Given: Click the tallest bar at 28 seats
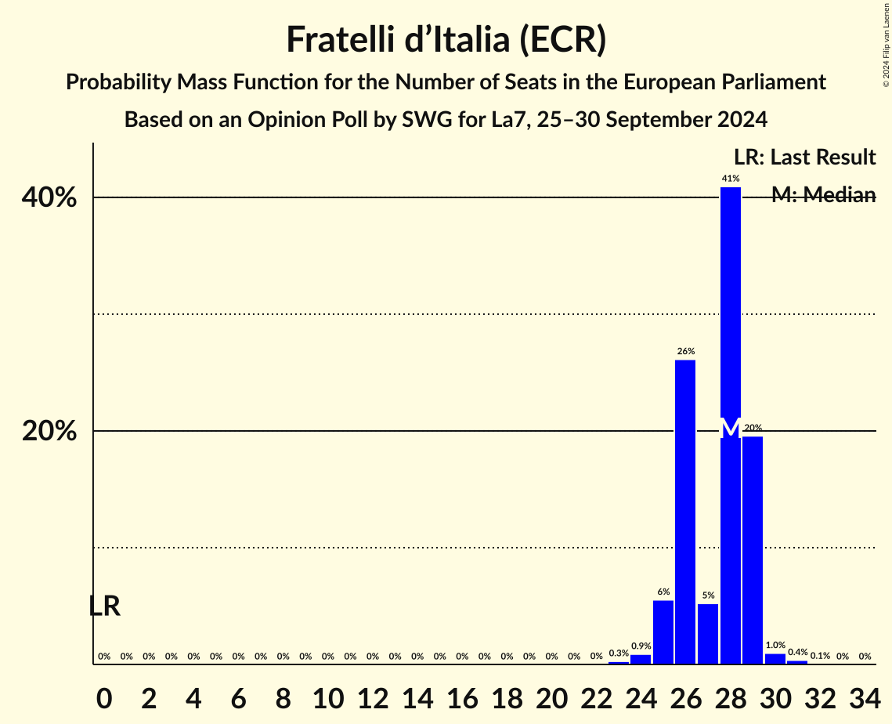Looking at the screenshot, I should coord(730,313).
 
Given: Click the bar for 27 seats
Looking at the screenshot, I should coord(708,634).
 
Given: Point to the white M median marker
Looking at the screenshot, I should coord(730,428).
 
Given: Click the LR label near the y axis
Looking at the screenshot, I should coord(104,606).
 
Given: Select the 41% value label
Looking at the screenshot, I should coord(730,179).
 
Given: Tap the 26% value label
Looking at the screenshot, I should coord(685,351).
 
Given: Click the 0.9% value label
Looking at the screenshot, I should coord(641,646).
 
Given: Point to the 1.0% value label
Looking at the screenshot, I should coord(775,646).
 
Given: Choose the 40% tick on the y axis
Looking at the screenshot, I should coord(49,197).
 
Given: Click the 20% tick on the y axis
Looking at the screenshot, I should coord(49,432).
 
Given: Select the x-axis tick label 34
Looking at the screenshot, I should coord(865,696).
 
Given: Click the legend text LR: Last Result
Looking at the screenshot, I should coord(804,157).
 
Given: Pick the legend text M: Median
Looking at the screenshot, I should coord(823,195).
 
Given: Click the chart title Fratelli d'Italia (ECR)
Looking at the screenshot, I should coord(446,40).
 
